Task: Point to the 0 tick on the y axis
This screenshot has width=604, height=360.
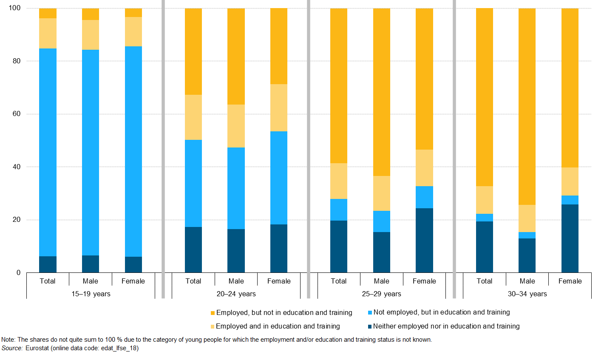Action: [18, 273]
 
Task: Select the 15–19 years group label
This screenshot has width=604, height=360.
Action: [91, 294]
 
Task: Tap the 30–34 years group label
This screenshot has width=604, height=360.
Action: [527, 294]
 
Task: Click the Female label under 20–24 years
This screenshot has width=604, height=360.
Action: [279, 281]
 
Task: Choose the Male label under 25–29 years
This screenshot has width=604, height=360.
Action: [381, 281]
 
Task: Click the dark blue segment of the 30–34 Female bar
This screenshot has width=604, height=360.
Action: [570, 238]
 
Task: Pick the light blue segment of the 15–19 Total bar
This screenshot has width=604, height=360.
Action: [48, 152]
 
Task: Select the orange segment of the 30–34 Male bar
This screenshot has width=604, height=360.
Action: [527, 106]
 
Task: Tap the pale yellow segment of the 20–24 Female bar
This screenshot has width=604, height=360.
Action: [279, 108]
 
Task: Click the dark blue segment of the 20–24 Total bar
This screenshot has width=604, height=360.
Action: [193, 249]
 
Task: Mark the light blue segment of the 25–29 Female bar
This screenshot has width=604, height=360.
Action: [424, 197]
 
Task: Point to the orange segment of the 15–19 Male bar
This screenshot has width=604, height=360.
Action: [91, 14]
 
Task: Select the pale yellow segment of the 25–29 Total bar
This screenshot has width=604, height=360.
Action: [339, 181]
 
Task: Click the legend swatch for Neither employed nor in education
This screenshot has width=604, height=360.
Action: [370, 326]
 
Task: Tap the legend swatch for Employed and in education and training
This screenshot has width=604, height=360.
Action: [213, 326]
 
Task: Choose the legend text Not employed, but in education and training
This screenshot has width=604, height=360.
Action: [441, 312]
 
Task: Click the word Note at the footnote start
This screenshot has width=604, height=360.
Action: [9, 340]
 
